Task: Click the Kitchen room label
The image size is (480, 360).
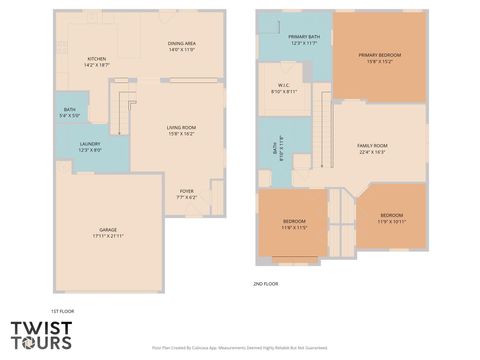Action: (97, 59)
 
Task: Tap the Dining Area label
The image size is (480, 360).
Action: (181, 44)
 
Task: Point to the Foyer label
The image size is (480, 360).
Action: (187, 191)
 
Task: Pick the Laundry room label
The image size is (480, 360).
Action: (90, 144)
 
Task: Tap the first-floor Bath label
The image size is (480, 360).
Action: (70, 110)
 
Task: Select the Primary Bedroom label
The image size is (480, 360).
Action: (379, 56)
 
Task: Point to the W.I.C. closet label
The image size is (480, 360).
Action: (284, 88)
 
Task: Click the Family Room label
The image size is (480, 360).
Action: (372, 146)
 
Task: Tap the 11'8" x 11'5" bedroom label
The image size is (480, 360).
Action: (294, 221)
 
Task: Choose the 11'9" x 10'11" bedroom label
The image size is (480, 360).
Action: (391, 216)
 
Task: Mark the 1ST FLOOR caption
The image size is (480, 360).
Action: (62, 311)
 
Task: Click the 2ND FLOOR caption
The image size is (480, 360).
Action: (265, 284)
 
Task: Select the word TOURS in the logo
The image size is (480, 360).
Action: (42, 343)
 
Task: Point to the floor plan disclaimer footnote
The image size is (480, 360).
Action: (240, 348)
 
